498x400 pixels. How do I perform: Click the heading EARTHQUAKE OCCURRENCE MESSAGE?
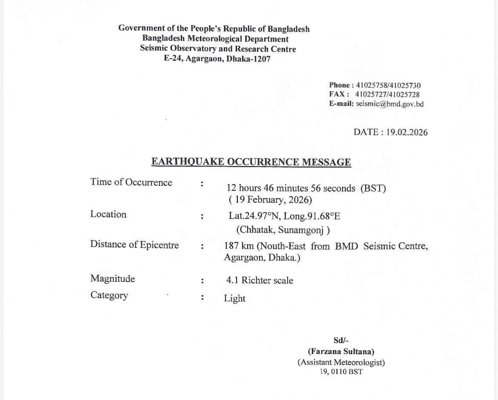pyautogui.click(x=251, y=162)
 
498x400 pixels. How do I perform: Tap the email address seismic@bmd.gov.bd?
pyautogui.click(x=389, y=104)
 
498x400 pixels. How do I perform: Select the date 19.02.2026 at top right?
pyautogui.click(x=406, y=132)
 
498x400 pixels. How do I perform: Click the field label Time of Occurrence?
pyautogui.click(x=131, y=182)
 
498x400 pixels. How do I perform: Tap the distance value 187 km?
pyautogui.click(x=239, y=246)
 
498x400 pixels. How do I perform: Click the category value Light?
pyautogui.click(x=235, y=298)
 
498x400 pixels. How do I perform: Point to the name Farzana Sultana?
pyautogui.click(x=341, y=352)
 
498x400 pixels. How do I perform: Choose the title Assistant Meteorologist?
pyautogui.click(x=341, y=363)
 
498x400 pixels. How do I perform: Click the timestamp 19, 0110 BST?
pyautogui.click(x=341, y=372)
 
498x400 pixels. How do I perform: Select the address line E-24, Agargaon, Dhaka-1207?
pyautogui.click(x=217, y=59)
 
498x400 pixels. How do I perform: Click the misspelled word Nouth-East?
pyautogui.click(x=281, y=246)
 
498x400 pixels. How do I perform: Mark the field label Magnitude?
pyautogui.click(x=112, y=279)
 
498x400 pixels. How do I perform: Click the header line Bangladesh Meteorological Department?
pyautogui.click(x=215, y=39)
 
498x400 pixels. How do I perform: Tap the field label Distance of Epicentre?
pyautogui.click(x=135, y=244)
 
